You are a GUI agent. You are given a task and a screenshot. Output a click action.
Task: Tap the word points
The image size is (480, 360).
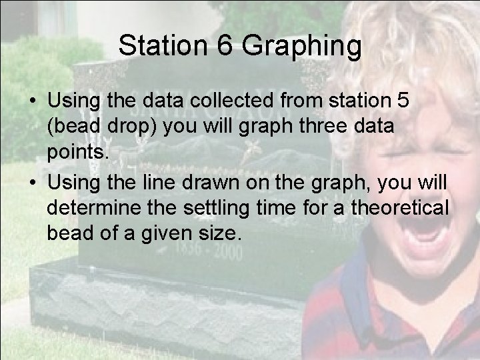click(x=75, y=153)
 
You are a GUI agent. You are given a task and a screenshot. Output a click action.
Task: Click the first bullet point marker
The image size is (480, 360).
click(x=32, y=102)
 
